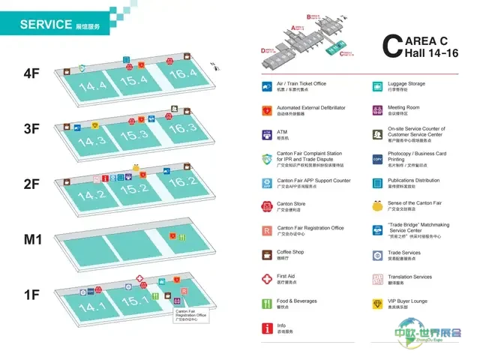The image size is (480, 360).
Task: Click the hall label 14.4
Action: [x=92, y=86]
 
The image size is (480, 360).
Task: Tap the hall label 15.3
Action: [x=136, y=136]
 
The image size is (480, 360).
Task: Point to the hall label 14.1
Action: [x=92, y=307]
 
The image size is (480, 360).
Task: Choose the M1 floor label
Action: [x=31, y=240]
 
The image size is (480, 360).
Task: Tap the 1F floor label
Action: [x=31, y=295]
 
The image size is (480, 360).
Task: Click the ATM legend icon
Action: [x=266, y=134]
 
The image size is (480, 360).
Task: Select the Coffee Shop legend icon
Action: [x=266, y=255]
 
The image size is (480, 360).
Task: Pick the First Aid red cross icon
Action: [x=266, y=279]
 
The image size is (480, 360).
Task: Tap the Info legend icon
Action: [x=266, y=328]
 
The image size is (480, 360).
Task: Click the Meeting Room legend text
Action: [x=403, y=108]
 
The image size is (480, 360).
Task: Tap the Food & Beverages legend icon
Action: [x=266, y=304]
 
